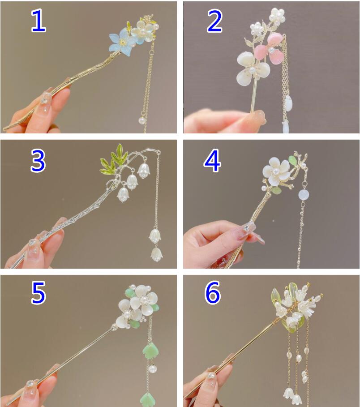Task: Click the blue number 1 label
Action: click(38, 21)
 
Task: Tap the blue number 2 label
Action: click(214, 21)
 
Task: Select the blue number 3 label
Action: click(38, 161)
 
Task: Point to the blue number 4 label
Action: click(212, 161)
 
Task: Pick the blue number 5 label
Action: click(39, 292)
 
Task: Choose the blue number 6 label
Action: click(213, 292)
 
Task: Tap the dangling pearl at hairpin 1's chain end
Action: click(142, 120)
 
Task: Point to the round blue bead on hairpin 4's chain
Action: click(304, 194)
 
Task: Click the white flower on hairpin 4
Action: click(276, 171)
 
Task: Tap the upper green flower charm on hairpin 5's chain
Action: click(151, 351)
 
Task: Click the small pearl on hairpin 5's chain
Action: click(152, 368)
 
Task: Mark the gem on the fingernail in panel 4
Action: click(245, 228)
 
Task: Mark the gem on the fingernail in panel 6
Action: click(211, 376)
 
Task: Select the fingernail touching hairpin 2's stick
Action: click(258, 116)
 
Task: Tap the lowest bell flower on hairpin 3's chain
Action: click(157, 255)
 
